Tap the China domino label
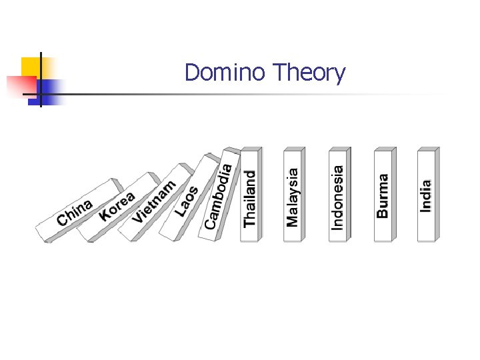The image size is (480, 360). pyautogui.click(x=75, y=212)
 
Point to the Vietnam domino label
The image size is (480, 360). pyautogui.click(x=154, y=201)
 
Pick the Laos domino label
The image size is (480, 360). pyautogui.click(x=187, y=201)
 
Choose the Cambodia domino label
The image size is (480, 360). pyautogui.click(x=219, y=195)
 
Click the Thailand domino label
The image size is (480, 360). pyautogui.click(x=250, y=198)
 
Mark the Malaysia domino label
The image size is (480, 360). pyautogui.click(x=293, y=196)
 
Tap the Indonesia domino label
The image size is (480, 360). pyautogui.click(x=338, y=197)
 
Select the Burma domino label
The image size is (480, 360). pyautogui.click(x=383, y=195)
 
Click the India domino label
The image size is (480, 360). pyautogui.click(x=426, y=196)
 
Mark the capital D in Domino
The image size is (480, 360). pyautogui.click(x=192, y=72)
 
